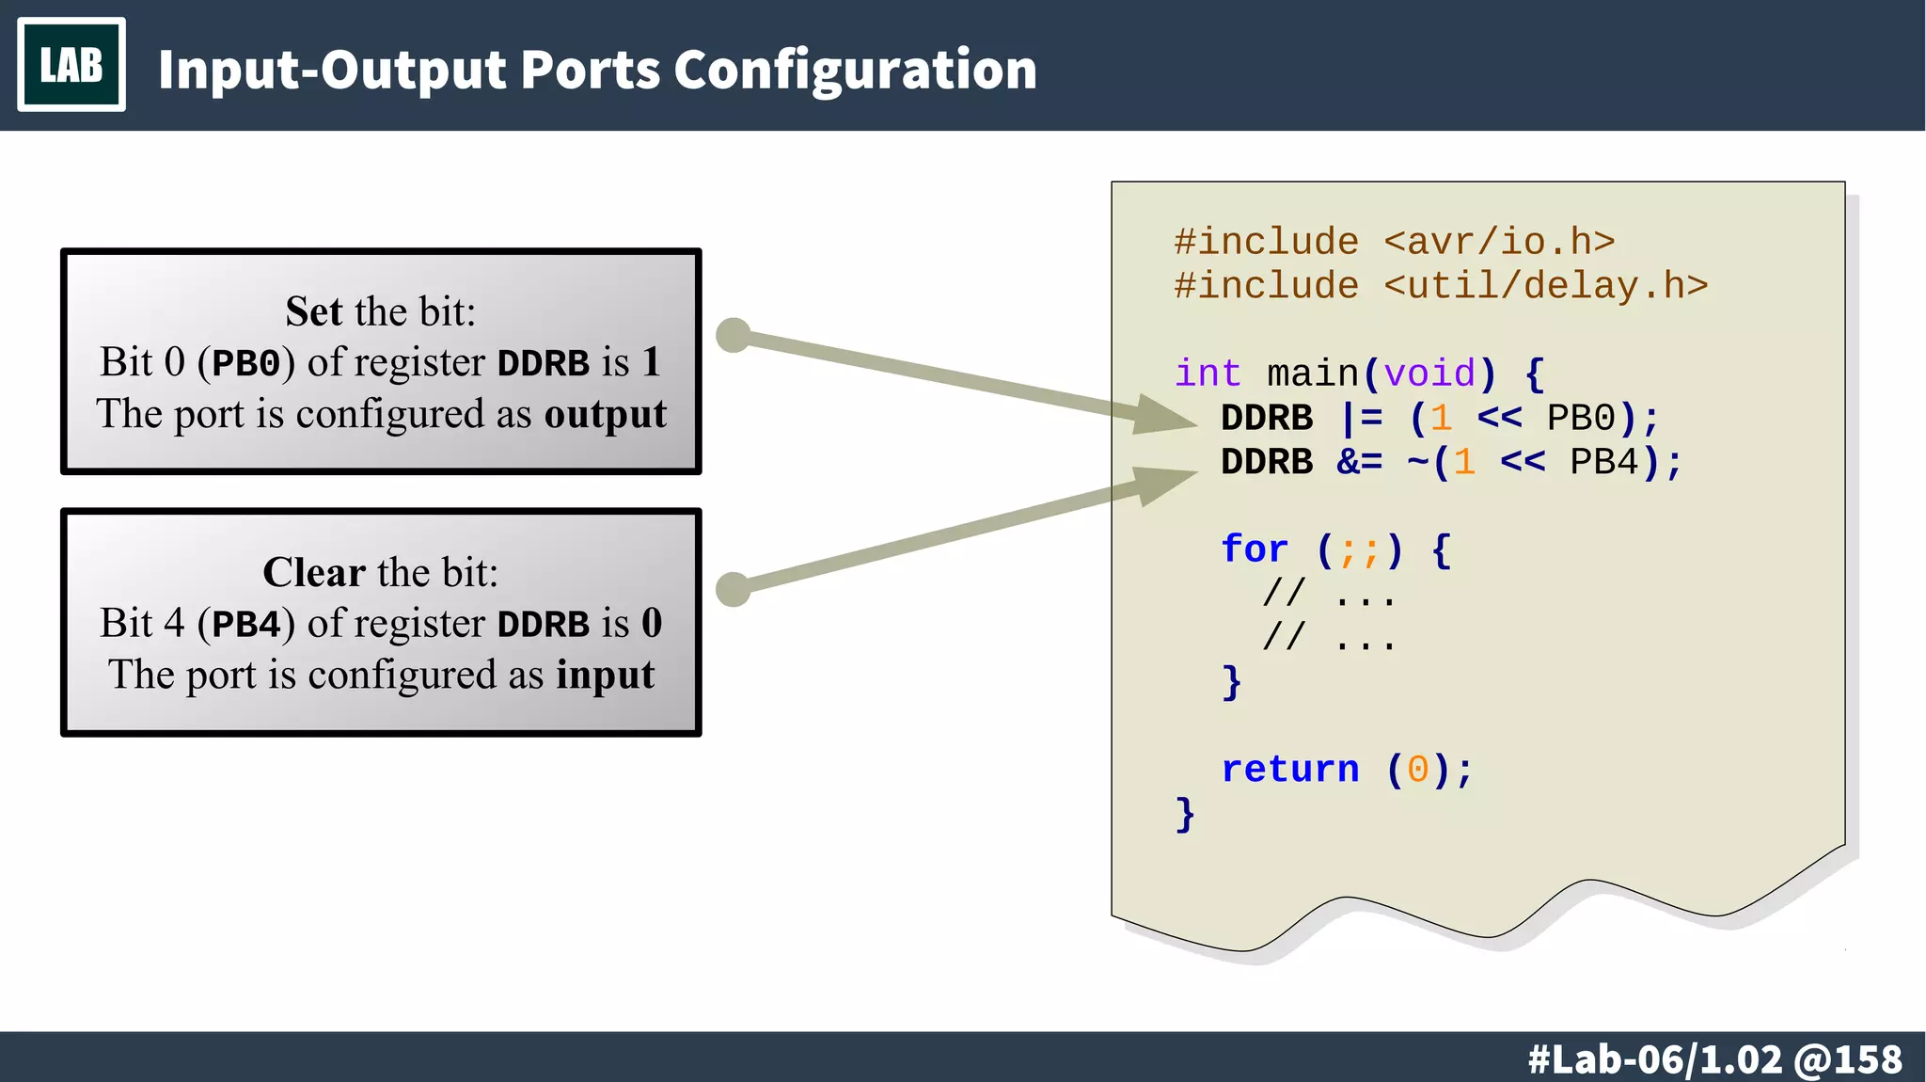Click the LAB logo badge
[x=71, y=65]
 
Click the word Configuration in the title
[x=855, y=70]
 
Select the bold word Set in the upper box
[x=313, y=311]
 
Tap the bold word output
[x=606, y=414]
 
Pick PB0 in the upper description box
[x=246, y=363]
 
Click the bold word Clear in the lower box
[x=313, y=572]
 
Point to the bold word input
[x=605, y=675]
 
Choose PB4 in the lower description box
[x=246, y=624]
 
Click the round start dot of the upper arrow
[x=734, y=335]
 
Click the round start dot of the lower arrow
[x=734, y=590]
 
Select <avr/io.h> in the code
[x=1499, y=242]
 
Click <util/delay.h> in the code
[x=1545, y=285]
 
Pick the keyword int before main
[x=1208, y=374]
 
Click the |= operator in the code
[x=1361, y=418]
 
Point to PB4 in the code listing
[x=1604, y=462]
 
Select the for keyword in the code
[x=1254, y=549]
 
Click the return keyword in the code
[x=1289, y=770]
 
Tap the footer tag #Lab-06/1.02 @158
[x=1714, y=1059]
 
